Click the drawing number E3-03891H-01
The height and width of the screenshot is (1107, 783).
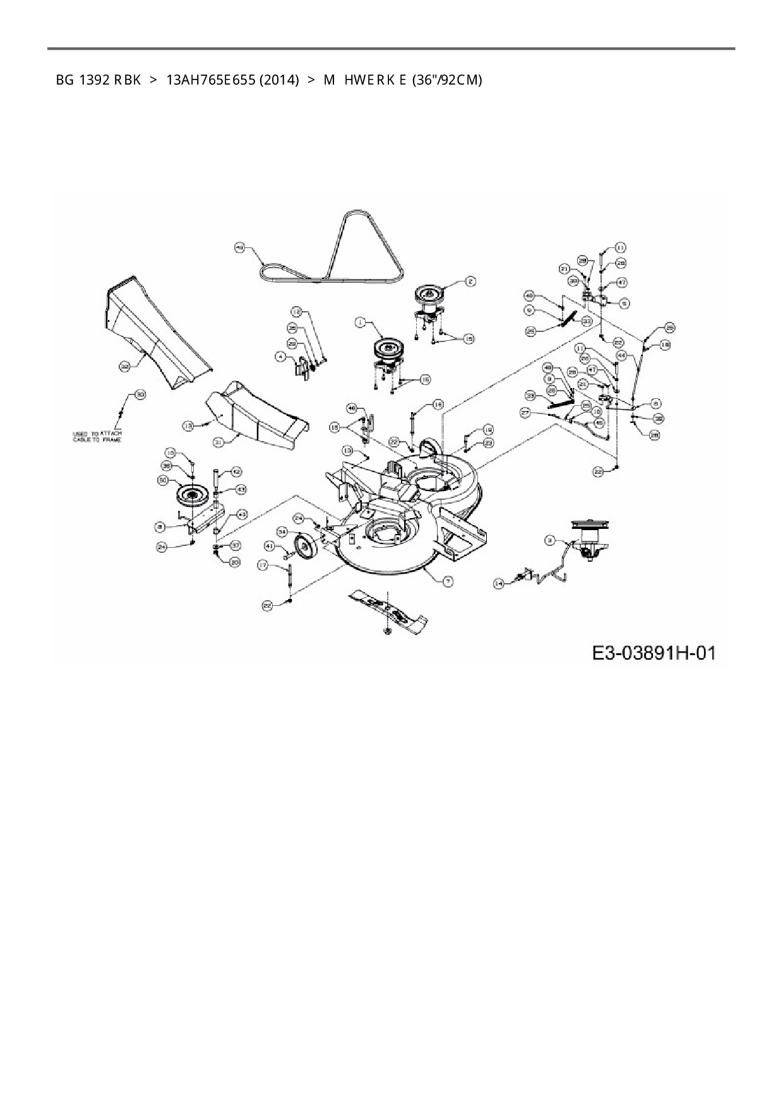[654, 652]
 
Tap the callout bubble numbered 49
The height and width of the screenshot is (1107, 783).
[239, 248]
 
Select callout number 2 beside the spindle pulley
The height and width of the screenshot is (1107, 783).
[470, 281]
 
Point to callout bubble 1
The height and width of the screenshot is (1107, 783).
[360, 323]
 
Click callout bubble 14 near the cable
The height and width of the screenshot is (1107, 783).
[499, 584]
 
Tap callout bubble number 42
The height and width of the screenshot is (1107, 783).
[236, 471]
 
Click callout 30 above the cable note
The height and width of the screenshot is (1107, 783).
[140, 395]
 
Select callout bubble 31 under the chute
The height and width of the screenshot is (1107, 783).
[218, 443]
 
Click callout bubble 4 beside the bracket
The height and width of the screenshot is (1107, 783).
[279, 357]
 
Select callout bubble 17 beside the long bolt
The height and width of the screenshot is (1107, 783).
[263, 566]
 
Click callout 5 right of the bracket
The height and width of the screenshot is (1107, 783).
[624, 303]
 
